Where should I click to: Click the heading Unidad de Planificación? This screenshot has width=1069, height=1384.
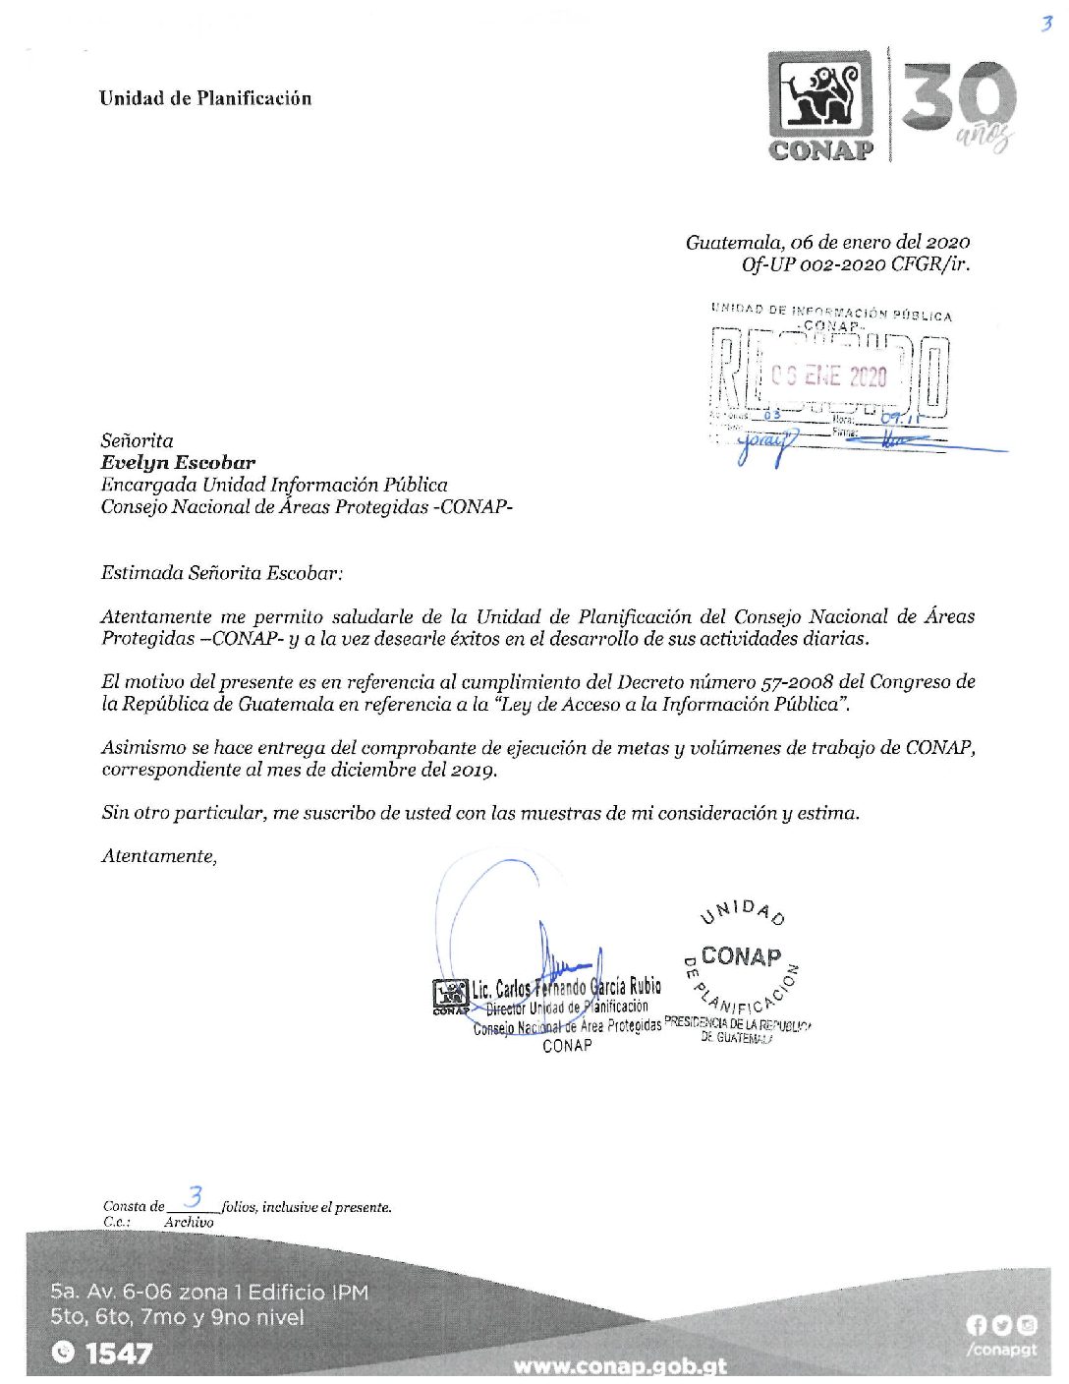pyautogui.click(x=204, y=98)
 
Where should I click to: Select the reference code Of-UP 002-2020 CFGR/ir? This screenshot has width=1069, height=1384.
pyautogui.click(x=855, y=263)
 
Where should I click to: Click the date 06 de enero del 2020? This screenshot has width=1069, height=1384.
pyautogui.click(x=827, y=242)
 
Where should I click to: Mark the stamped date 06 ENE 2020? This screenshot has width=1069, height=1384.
pyautogui.click(x=828, y=376)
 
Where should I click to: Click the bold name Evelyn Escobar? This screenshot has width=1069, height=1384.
pyautogui.click(x=178, y=462)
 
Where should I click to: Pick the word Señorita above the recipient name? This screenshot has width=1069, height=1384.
pyautogui.click(x=137, y=440)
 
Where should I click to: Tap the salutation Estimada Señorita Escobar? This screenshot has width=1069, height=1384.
pyautogui.click(x=222, y=572)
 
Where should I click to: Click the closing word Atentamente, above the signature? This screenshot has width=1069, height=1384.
pyautogui.click(x=159, y=856)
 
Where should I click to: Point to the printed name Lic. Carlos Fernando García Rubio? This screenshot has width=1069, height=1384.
pyautogui.click(x=566, y=987)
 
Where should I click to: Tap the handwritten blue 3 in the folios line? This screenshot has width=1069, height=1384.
pyautogui.click(x=195, y=1197)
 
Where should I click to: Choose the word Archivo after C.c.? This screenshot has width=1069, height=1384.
pyautogui.click(x=189, y=1222)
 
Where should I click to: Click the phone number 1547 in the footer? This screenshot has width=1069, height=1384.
pyautogui.click(x=119, y=1354)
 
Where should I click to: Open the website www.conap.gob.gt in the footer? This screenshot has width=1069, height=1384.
pyautogui.click(x=620, y=1365)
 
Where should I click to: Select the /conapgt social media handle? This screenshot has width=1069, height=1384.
pyautogui.click(x=1001, y=1350)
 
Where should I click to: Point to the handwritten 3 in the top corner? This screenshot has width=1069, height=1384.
pyautogui.click(x=1045, y=24)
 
